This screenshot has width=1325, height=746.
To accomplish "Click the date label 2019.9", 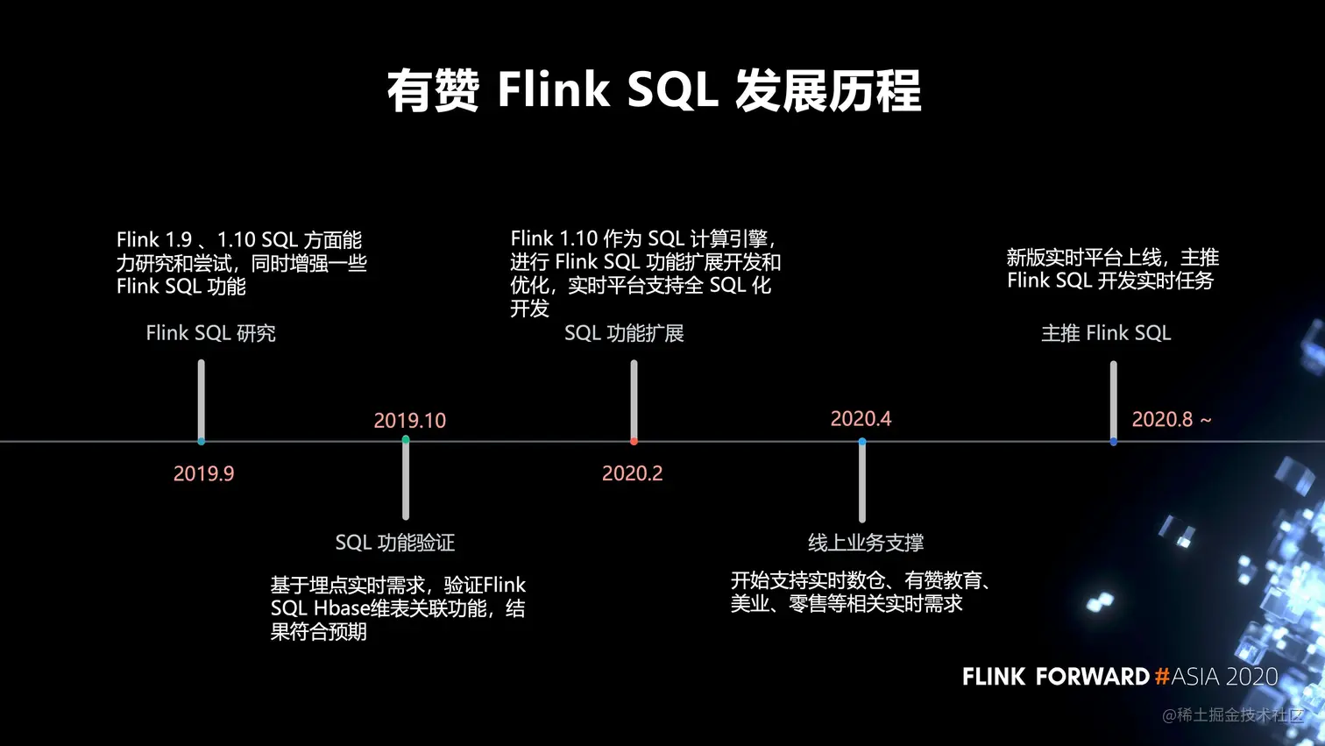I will tap(203, 473).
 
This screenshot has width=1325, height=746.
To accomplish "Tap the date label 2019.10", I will tap(409, 421).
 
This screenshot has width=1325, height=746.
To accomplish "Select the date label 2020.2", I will tap(632, 473).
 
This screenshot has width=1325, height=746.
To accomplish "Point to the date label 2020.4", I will tap(861, 419).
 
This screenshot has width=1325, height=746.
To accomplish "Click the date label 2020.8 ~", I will tap(1171, 420).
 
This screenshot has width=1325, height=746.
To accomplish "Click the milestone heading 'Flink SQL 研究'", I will tap(210, 333).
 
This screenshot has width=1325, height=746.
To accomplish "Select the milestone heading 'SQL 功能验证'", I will tap(395, 543).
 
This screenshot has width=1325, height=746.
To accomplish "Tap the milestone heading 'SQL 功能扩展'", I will tap(624, 333).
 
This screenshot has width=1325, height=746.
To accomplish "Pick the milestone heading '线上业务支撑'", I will tap(866, 543).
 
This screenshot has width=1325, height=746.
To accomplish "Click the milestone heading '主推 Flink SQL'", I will tap(1106, 333).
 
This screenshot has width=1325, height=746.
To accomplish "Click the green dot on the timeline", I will tap(406, 439).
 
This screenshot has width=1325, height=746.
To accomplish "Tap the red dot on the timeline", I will tap(634, 441).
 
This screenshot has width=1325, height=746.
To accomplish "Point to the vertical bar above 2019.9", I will tap(202, 399).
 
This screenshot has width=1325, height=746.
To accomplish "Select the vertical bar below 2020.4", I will tap(862, 482).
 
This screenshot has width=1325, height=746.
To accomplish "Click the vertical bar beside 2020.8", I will tap(1113, 399).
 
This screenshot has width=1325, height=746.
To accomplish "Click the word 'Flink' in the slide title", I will tap(553, 90).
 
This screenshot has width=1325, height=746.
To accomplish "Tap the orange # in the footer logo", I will tap(1162, 677).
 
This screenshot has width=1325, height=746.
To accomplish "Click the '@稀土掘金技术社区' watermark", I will tap(1232, 715).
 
